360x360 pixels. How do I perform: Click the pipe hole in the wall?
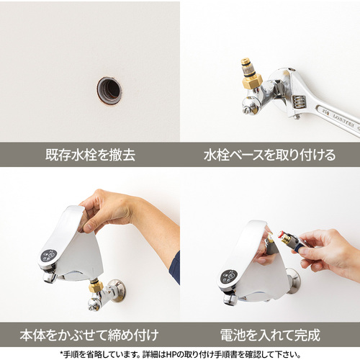coord(109,91)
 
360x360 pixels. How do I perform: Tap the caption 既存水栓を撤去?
coord(90,155)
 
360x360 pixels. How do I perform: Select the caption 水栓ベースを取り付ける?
coord(269,155)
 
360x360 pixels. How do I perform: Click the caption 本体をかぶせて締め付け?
coord(89,335)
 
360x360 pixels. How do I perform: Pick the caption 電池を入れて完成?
coord(270,335)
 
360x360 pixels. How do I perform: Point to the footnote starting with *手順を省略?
coord(180,354)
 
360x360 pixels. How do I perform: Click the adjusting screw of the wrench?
coord(299,102)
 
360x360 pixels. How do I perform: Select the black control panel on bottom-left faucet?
coord(49,256)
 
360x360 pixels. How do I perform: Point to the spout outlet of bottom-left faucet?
coord(50,277)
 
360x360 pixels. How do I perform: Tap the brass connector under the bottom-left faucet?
coord(96,286)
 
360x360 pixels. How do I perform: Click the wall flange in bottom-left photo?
coord(117,290)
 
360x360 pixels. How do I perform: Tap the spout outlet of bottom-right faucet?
coord(230,300)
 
